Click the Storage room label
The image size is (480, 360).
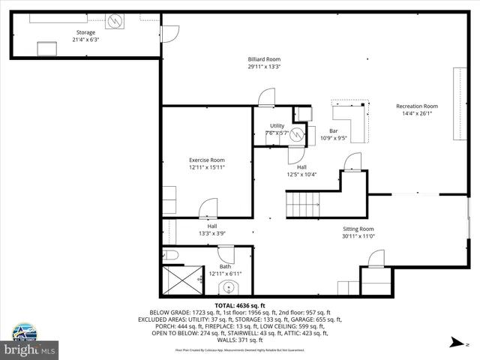point(85,33)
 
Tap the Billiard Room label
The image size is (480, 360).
point(264,59)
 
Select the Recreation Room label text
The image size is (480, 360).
point(417,106)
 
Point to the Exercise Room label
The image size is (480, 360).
point(206,160)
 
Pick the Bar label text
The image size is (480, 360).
point(334,130)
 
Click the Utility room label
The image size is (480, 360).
point(277,126)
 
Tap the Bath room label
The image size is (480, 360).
point(225,266)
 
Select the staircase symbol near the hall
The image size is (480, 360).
point(302,204)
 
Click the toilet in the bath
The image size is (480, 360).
point(170,256)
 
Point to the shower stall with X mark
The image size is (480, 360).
point(178,280)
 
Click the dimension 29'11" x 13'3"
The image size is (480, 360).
point(264,67)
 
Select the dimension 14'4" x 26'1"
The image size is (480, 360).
point(417,114)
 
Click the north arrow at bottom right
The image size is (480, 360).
point(454,343)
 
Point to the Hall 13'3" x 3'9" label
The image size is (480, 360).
point(212,229)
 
